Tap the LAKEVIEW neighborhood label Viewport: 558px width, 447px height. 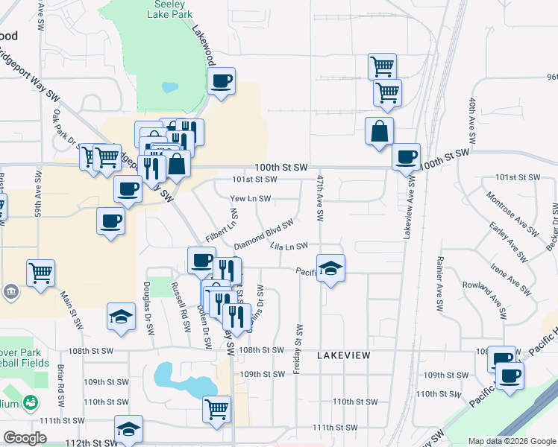pyautogui.click(x=343, y=356)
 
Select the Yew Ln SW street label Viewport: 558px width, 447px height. pyautogui.click(x=250, y=199)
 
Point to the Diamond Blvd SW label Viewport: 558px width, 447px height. pyautogui.click(x=263, y=235)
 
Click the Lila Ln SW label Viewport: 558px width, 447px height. pyautogui.click(x=289, y=247)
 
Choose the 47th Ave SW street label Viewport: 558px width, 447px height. pyautogui.click(x=319, y=198)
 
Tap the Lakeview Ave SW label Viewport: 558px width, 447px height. pyautogui.click(x=408, y=206)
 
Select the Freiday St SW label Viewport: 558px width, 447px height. pyautogui.click(x=299, y=349)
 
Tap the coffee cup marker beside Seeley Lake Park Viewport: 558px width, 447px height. pyautogui.click(x=221, y=81)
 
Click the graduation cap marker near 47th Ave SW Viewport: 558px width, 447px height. pyautogui.click(x=330, y=267)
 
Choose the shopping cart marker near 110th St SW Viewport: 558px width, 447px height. pyautogui.click(x=216, y=408)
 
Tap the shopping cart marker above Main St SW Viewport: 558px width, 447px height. pyautogui.click(x=40, y=272)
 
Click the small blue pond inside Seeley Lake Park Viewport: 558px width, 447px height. pyautogui.click(x=169, y=86)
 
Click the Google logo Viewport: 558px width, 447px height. pyautogui.click(x=25, y=438)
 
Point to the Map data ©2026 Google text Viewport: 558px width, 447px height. pyautogui.click(x=511, y=441)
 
